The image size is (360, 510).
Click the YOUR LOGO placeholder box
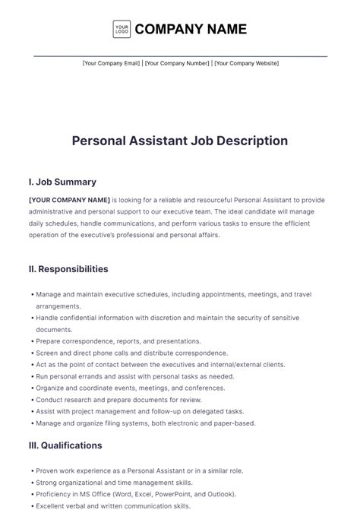[x=121, y=30]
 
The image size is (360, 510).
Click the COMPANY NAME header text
[x=191, y=30]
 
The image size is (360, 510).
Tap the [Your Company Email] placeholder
[x=111, y=63]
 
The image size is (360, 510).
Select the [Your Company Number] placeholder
[x=177, y=63]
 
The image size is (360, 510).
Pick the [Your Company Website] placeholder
[x=246, y=63]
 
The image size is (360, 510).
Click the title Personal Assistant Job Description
[x=180, y=141]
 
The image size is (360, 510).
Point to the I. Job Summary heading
[x=62, y=182]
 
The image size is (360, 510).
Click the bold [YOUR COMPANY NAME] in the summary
[x=69, y=200]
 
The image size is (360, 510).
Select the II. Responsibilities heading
[x=68, y=269]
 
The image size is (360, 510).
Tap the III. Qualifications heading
[x=65, y=445]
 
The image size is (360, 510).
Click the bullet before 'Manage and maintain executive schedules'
[x=31, y=294]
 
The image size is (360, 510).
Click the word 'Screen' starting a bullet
[x=46, y=353]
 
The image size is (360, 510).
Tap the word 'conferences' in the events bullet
[x=200, y=388]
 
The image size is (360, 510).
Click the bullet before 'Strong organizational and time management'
[x=31, y=483]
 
